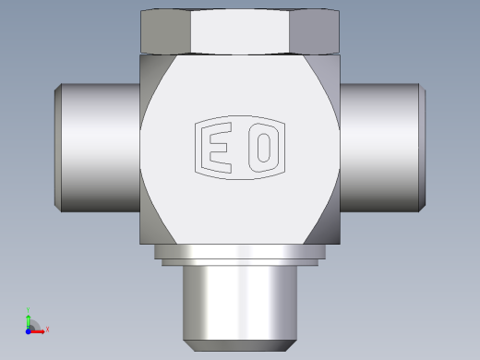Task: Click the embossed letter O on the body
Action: pyautogui.click(x=263, y=148)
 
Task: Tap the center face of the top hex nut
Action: pyautogui.click(x=240, y=32)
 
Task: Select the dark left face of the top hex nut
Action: pyautogui.click(x=165, y=32)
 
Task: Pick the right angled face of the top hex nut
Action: pyautogui.click(x=315, y=32)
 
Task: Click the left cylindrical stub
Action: pyautogui.click(x=101, y=148)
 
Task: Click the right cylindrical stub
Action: pyautogui.click(x=379, y=148)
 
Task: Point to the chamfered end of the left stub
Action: pyautogui.click(x=58, y=148)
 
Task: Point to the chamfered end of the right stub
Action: pyautogui.click(x=422, y=148)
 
